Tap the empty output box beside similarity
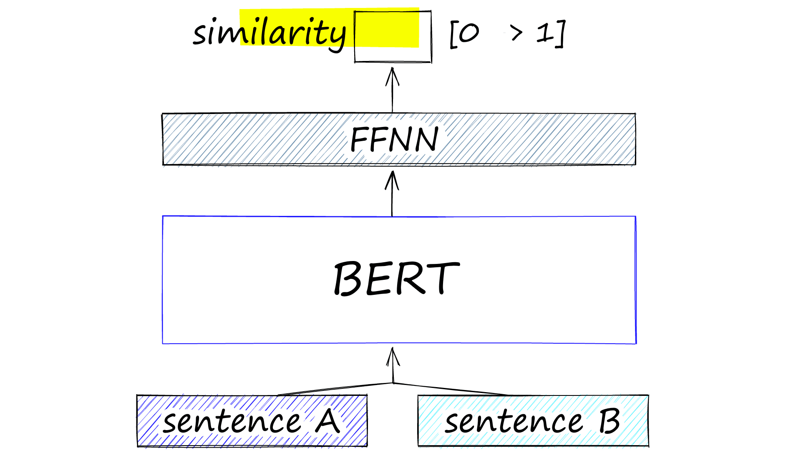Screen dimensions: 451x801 click(392, 37)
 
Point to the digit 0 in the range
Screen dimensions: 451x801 click(469, 33)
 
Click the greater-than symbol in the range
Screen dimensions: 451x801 click(516, 33)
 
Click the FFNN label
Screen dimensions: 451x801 click(394, 139)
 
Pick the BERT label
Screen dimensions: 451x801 click(396, 279)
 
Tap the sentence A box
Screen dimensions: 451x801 click(252, 421)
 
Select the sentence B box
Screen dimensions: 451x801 click(533, 421)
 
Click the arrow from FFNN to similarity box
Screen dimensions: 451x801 click(392, 90)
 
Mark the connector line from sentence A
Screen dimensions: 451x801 click(334, 389)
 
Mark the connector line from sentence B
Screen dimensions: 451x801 click(451, 389)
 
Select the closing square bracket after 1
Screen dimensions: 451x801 click(561, 33)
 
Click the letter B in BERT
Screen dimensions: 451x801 click(347, 279)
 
